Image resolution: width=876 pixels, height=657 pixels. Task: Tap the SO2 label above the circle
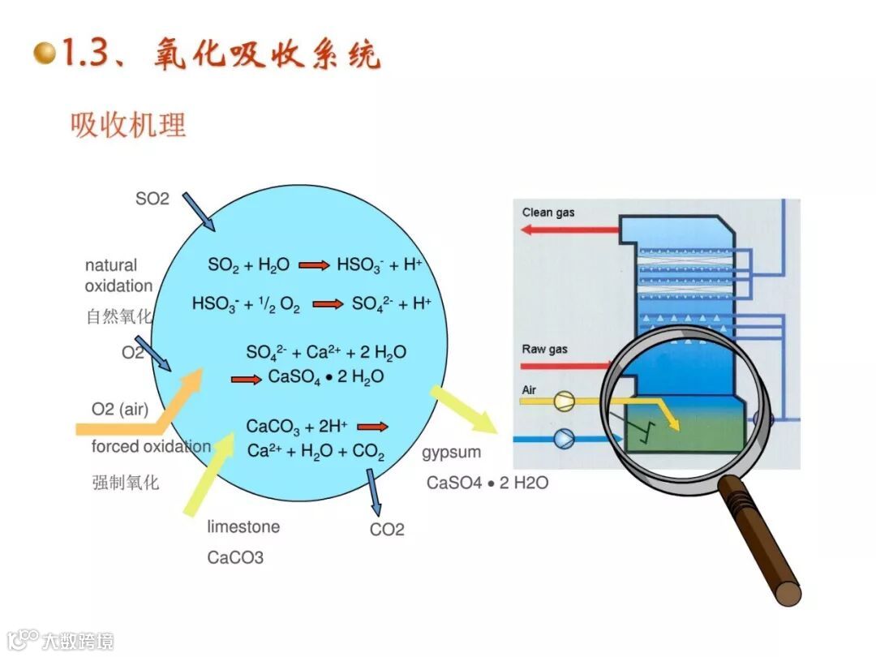(x=152, y=198)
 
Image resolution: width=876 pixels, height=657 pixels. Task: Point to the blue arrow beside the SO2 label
(x=198, y=211)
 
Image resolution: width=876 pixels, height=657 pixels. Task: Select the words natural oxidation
(x=118, y=276)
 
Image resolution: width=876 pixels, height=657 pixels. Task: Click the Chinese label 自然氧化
(x=118, y=316)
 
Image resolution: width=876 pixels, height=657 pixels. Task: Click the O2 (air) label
(x=120, y=410)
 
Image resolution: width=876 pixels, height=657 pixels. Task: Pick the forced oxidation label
(x=151, y=447)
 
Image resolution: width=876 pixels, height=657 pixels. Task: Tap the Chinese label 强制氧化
(x=126, y=483)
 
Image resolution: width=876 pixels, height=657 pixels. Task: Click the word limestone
(x=243, y=526)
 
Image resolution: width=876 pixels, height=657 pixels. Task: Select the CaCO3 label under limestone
(x=235, y=558)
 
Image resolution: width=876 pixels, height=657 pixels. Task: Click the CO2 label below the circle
(x=387, y=530)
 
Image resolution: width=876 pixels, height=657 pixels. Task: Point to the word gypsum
(x=451, y=452)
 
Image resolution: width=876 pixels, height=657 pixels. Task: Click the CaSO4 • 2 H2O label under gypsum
(x=487, y=483)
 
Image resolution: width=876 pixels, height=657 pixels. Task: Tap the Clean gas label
(x=548, y=213)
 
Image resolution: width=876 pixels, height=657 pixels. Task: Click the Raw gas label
(x=544, y=350)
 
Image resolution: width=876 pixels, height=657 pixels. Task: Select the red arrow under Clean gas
(x=569, y=230)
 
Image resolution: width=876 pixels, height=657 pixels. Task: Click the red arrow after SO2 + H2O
(x=314, y=264)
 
